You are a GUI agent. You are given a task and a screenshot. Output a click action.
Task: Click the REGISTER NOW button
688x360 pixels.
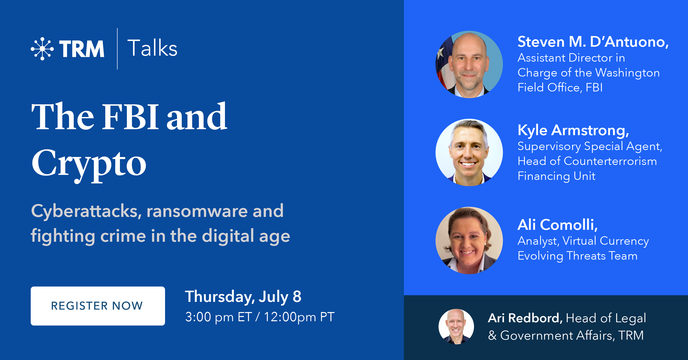coord(98,306)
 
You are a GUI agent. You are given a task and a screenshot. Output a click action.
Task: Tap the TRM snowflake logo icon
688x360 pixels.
coord(42,49)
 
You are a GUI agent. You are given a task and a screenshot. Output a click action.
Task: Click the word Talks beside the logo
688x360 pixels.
coord(152,48)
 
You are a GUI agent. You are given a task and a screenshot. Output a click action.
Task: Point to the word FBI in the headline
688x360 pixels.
coord(131,117)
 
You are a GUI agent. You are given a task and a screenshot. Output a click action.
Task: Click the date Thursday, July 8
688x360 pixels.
coord(243,297)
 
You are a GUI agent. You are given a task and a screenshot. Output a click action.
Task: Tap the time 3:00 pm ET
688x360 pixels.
coord(218,317)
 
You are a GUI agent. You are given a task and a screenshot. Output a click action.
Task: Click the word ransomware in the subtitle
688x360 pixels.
coord(197,211)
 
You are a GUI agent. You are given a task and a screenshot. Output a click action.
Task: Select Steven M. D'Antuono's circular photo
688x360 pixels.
coord(469,64)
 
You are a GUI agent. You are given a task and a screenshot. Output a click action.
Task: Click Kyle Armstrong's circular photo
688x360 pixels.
coord(469,152)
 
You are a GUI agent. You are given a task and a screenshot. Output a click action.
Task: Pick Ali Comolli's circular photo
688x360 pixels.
coord(469,240)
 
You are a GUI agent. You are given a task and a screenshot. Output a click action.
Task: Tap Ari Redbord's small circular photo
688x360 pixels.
coord(456,327)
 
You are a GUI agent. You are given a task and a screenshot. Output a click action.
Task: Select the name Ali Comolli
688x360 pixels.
coord(558,225)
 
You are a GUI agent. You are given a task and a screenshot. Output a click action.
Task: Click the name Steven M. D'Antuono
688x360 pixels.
coord(593,42)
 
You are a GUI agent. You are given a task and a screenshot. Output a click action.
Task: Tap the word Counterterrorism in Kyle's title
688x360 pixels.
coord(610,161)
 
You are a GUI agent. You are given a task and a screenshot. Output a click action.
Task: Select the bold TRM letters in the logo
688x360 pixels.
coord(81,49)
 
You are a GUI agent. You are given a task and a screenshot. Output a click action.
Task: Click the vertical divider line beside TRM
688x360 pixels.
coord(117,49)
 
